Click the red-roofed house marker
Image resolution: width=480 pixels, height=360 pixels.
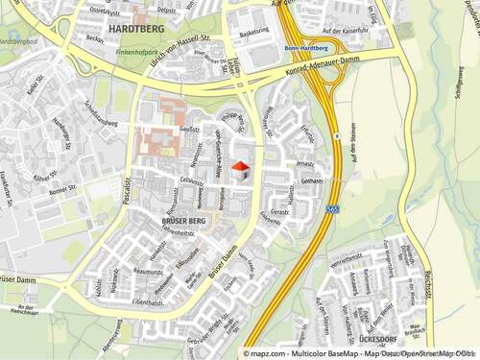pos(240,171)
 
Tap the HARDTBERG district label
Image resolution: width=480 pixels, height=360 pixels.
pos(137,30)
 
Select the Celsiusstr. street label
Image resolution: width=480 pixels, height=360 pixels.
pos(191,180)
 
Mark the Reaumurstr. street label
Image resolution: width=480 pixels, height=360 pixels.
pos(149,273)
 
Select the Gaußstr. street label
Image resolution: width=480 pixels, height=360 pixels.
pos(189,128)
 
